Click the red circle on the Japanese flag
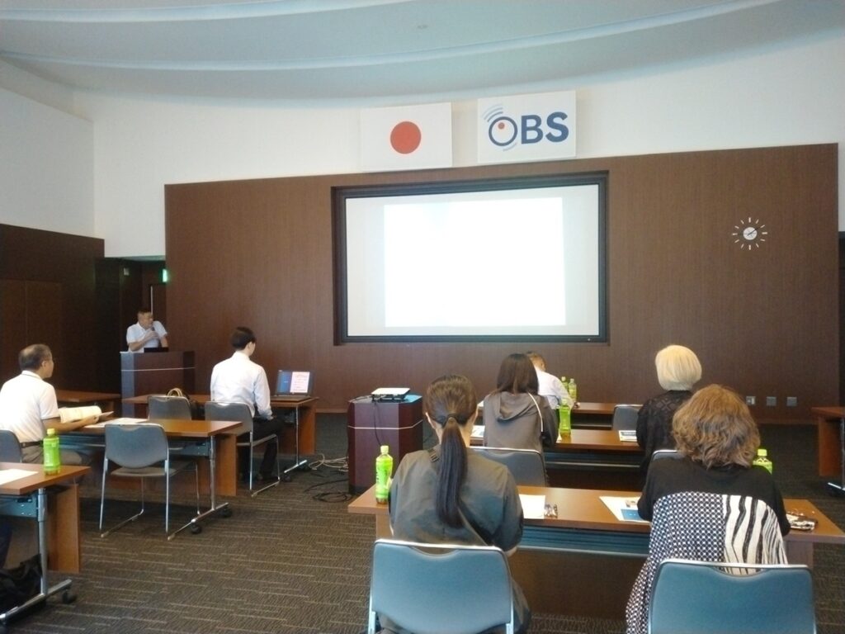tap(405, 138)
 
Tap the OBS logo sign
tap(526, 127)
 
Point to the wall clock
tap(749, 234)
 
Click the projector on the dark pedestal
tap(390, 394)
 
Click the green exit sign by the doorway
tap(165, 276)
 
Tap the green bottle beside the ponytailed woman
tap(384, 475)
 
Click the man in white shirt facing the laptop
tap(245, 399)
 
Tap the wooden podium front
tap(158, 377)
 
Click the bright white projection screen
tap(472, 259)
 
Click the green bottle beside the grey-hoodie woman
tap(564, 418)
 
